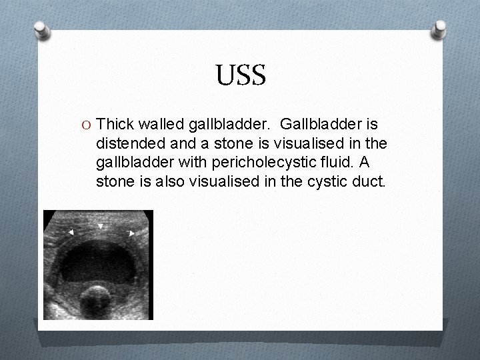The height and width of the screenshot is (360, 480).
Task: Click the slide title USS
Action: tap(241, 75)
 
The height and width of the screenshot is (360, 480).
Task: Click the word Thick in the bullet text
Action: tap(116, 124)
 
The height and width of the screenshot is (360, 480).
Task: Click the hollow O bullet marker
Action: tap(85, 125)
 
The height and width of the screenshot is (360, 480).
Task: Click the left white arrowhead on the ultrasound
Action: tap(71, 232)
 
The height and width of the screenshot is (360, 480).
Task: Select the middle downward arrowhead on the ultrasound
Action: tap(100, 227)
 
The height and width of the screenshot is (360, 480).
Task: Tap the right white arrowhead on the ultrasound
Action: tap(131, 233)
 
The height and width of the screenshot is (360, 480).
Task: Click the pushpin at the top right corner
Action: tap(440, 30)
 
